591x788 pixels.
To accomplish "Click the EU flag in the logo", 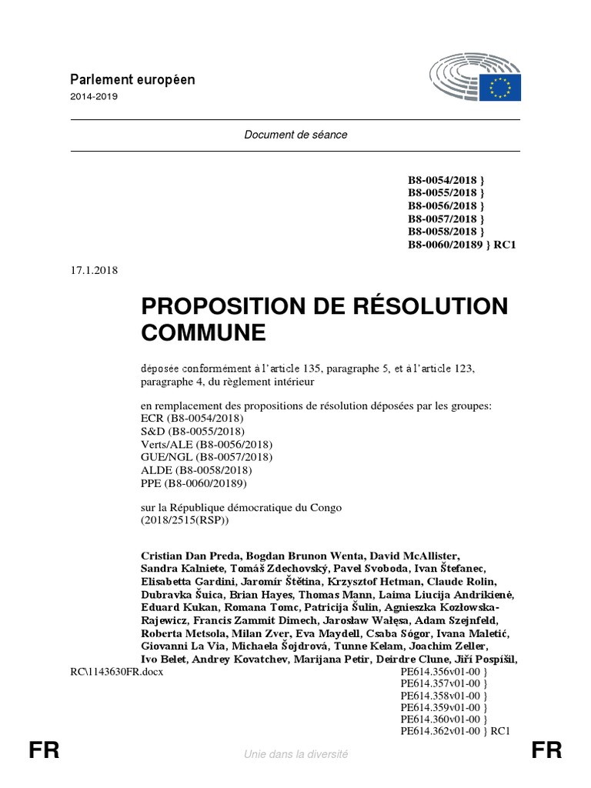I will (x=503, y=88).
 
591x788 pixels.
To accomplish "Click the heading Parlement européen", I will (x=132, y=80).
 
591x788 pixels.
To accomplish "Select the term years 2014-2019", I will (x=94, y=97).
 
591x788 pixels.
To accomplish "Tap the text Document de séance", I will (x=295, y=135).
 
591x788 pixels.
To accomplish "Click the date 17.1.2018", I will (x=93, y=269).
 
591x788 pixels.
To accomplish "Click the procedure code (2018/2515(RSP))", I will (x=185, y=520).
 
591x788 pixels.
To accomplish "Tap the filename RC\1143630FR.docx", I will (x=116, y=672).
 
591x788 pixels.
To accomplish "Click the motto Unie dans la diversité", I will (x=295, y=754).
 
